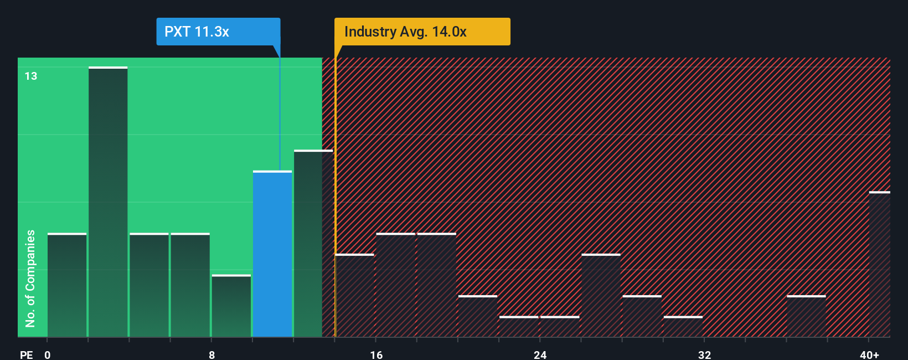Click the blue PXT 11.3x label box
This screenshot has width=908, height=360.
click(x=218, y=32)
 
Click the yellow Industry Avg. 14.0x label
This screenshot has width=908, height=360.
click(x=422, y=32)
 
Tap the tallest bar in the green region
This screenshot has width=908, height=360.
click(x=108, y=202)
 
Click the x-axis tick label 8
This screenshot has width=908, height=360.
click(x=211, y=354)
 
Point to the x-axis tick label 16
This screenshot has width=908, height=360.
click(x=376, y=354)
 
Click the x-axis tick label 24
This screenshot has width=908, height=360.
click(x=540, y=354)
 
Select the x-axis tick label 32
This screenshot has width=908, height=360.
click(x=704, y=354)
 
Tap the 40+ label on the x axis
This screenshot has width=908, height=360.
click(x=869, y=354)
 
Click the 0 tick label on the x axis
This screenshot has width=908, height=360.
click(x=48, y=354)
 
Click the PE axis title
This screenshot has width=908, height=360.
click(x=26, y=354)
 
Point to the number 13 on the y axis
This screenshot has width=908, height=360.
click(x=31, y=76)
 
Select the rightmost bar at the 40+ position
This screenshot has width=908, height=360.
click(x=879, y=264)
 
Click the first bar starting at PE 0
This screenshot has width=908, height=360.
click(x=67, y=285)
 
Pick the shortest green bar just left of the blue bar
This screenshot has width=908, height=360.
click(x=231, y=306)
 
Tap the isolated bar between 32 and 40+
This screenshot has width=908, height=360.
click(x=806, y=316)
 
